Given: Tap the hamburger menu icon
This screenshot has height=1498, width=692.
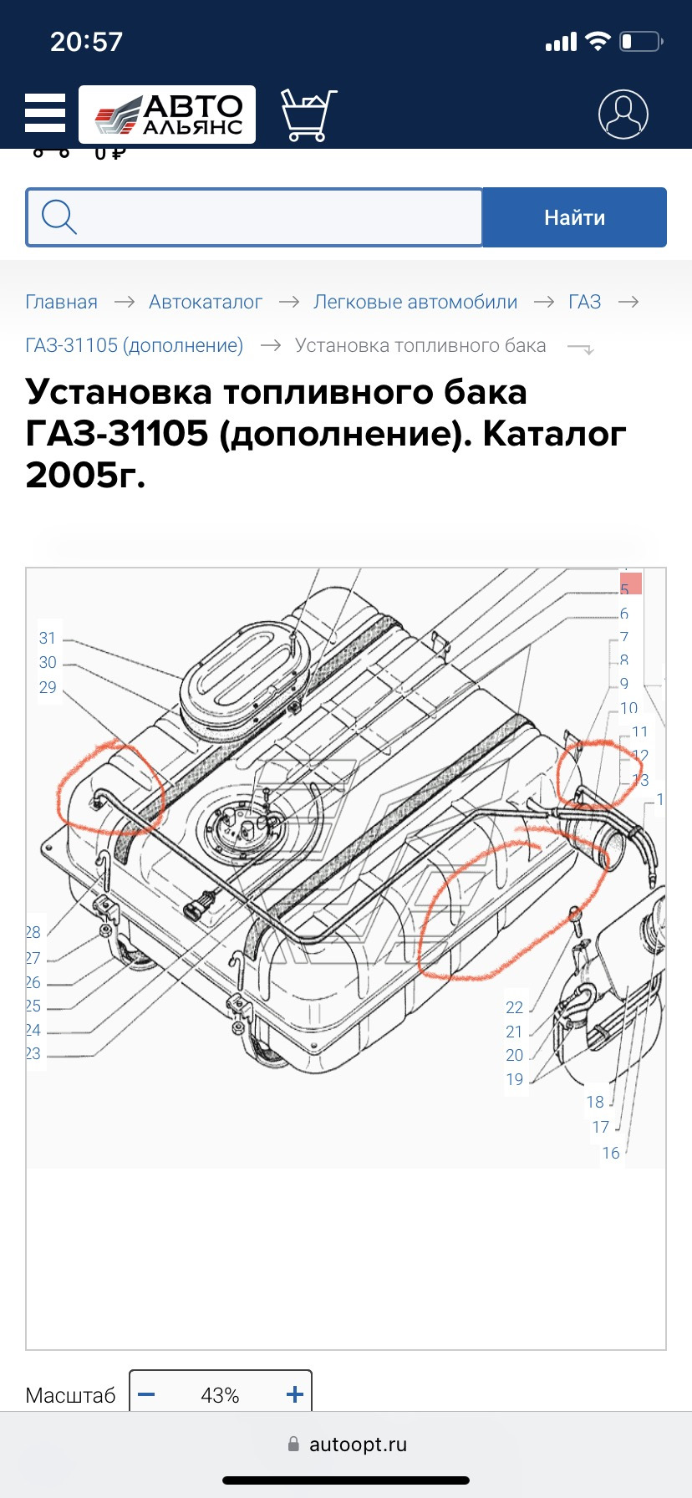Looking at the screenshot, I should (45, 113).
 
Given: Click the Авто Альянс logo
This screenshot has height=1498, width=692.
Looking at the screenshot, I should (167, 115).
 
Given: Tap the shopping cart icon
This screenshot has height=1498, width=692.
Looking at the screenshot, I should (308, 115).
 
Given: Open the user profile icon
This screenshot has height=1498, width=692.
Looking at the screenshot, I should (623, 115).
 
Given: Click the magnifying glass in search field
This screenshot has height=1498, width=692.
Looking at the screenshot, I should (59, 217).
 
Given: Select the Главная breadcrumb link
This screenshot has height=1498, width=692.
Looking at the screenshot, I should (61, 302).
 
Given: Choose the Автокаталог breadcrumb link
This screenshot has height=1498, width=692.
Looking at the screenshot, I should (206, 302).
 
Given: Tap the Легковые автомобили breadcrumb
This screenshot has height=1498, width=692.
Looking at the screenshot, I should (415, 302).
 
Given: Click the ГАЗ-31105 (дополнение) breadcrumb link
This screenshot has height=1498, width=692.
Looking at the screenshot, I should (135, 345).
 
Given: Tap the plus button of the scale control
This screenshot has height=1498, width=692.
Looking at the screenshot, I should (294, 1394).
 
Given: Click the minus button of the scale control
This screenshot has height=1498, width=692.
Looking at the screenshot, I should (146, 1394).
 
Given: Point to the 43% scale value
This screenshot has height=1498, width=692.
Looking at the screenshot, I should (220, 1395).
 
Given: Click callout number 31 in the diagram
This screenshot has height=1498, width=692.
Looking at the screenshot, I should (48, 638).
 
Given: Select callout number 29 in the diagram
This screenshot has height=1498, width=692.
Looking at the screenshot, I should (48, 687).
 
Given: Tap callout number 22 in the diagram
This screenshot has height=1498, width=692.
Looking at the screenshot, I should (514, 1007).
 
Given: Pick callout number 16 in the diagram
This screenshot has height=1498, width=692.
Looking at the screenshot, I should (611, 1153).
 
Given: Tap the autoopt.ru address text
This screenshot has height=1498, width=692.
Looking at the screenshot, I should (358, 1444).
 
